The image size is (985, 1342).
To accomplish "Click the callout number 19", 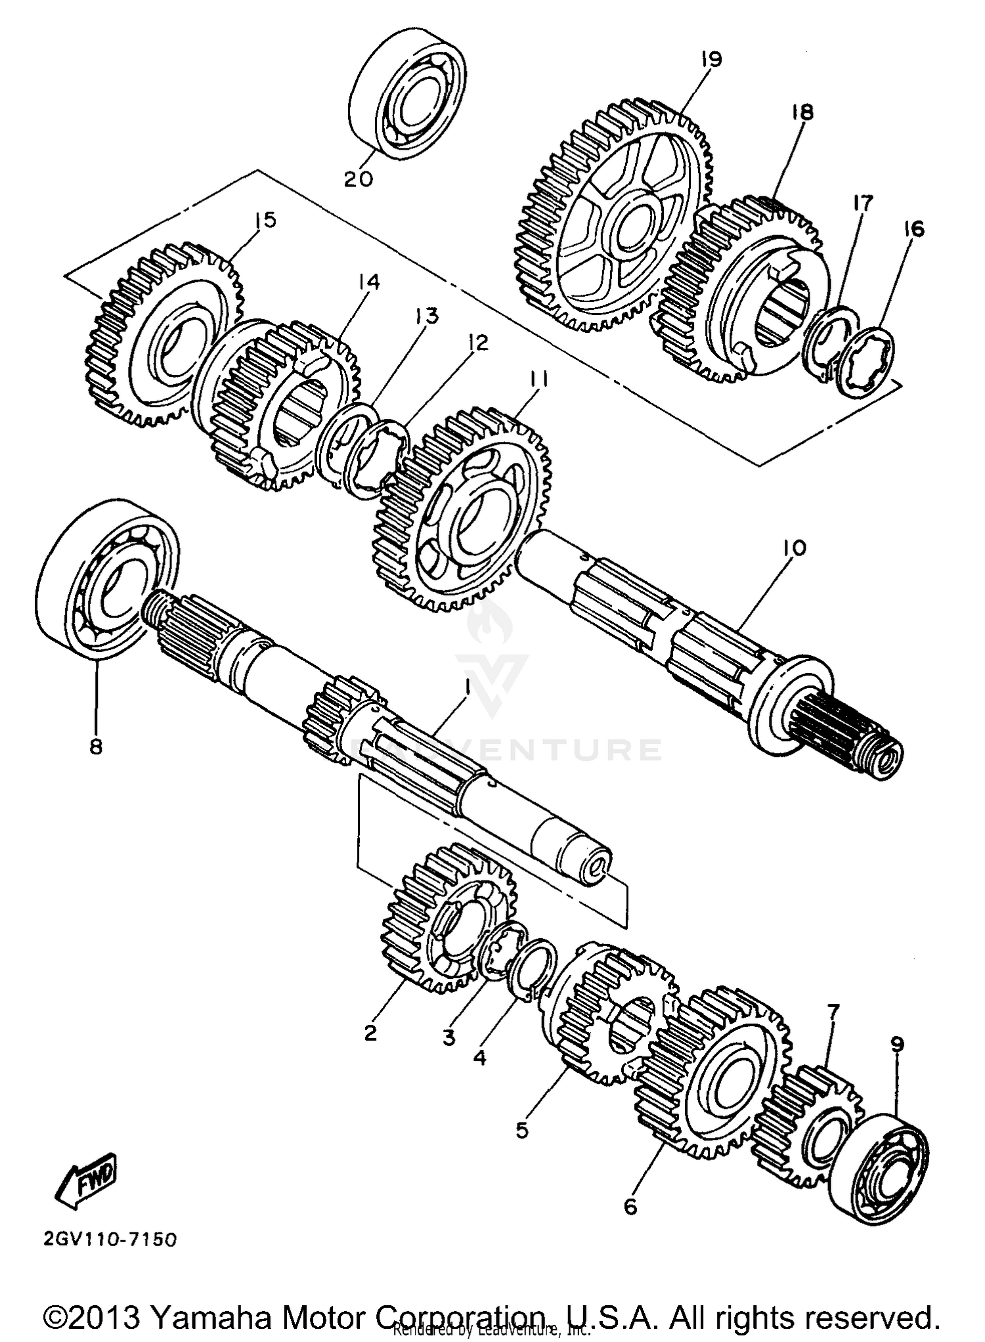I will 711,59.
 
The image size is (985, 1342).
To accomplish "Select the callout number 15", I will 265,220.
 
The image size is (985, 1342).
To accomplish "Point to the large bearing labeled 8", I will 108,578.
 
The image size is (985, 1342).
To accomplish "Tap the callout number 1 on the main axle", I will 467,687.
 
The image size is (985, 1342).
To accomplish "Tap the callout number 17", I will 863,204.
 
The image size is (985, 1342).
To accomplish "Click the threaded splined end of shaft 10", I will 854,742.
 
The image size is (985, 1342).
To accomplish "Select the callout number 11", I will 540,380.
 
